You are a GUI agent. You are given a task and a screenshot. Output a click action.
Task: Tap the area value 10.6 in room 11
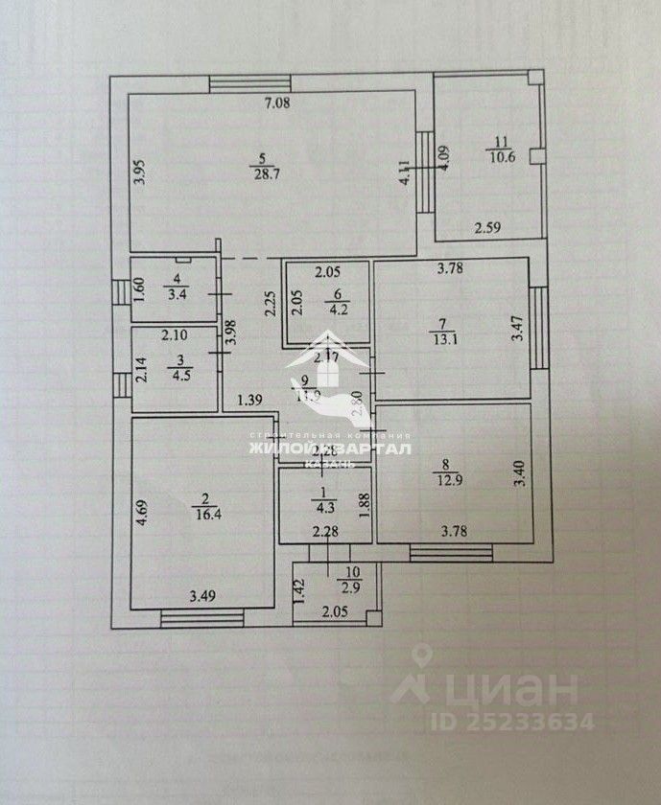(502, 158)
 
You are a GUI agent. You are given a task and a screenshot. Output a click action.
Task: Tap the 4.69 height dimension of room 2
(140, 505)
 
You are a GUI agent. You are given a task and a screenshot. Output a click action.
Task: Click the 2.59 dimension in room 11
(489, 228)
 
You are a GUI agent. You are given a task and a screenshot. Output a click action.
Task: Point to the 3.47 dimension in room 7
(517, 329)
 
